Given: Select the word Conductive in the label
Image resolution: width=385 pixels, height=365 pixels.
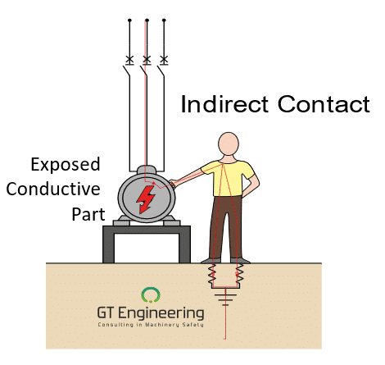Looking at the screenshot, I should coord(52,189).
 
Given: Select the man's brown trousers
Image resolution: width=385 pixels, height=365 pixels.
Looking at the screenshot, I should coord(229,226).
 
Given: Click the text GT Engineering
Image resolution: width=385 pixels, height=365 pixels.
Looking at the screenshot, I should coord(150,313).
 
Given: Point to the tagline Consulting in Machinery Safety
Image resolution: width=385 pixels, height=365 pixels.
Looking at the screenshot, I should coord(150,325).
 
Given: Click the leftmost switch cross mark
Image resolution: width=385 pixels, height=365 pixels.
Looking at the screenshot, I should coord(129,59).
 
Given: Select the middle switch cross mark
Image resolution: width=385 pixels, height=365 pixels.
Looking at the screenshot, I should coord(147,59).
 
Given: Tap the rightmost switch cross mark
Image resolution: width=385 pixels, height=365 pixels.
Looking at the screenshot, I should coord(165,59).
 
